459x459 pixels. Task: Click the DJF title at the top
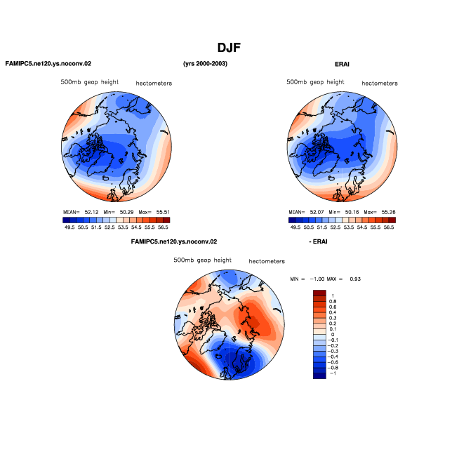click(229, 48)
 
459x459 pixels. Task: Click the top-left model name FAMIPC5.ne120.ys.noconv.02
click(48, 64)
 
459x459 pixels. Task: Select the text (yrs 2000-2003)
click(205, 64)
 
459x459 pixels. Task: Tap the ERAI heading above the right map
click(342, 64)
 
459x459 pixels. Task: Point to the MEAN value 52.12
click(91, 212)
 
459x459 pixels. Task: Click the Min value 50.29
click(126, 212)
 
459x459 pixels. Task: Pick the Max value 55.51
click(163, 212)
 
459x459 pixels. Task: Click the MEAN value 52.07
click(317, 212)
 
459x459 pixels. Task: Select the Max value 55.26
click(388, 212)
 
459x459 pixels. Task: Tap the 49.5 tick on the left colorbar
click(69, 227)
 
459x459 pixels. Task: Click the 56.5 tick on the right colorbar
click(389, 227)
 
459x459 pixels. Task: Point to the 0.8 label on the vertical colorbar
click(333, 302)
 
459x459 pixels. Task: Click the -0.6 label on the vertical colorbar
click(332, 362)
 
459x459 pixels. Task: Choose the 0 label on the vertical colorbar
click(333, 335)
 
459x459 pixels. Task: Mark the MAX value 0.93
click(355, 279)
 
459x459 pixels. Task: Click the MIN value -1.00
click(317, 279)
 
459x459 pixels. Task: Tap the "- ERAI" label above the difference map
click(318, 241)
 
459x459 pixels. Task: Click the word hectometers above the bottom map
click(267, 261)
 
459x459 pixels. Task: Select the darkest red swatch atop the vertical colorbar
click(319, 293)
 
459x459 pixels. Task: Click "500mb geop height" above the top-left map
click(90, 82)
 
